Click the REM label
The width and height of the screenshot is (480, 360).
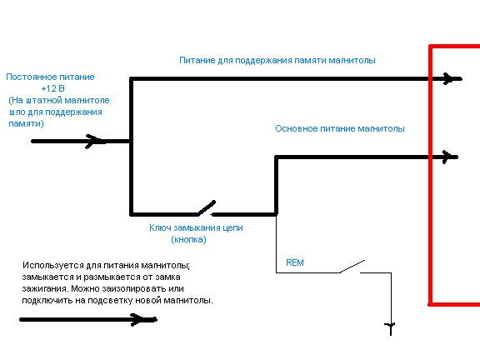click(x=295, y=262)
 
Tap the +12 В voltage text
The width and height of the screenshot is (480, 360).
click(x=52, y=89)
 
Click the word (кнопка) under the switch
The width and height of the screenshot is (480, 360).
click(x=188, y=239)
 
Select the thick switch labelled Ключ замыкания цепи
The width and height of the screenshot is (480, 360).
click(x=207, y=208)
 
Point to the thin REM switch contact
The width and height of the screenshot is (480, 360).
click(x=352, y=267)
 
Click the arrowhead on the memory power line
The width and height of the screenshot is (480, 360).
click(x=449, y=78)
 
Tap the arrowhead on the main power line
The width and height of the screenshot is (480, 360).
click(x=448, y=157)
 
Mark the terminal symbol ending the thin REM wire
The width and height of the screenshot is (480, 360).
click(x=391, y=328)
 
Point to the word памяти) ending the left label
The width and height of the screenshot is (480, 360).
click(x=26, y=123)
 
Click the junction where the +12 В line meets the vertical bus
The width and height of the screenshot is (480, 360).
click(x=132, y=142)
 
